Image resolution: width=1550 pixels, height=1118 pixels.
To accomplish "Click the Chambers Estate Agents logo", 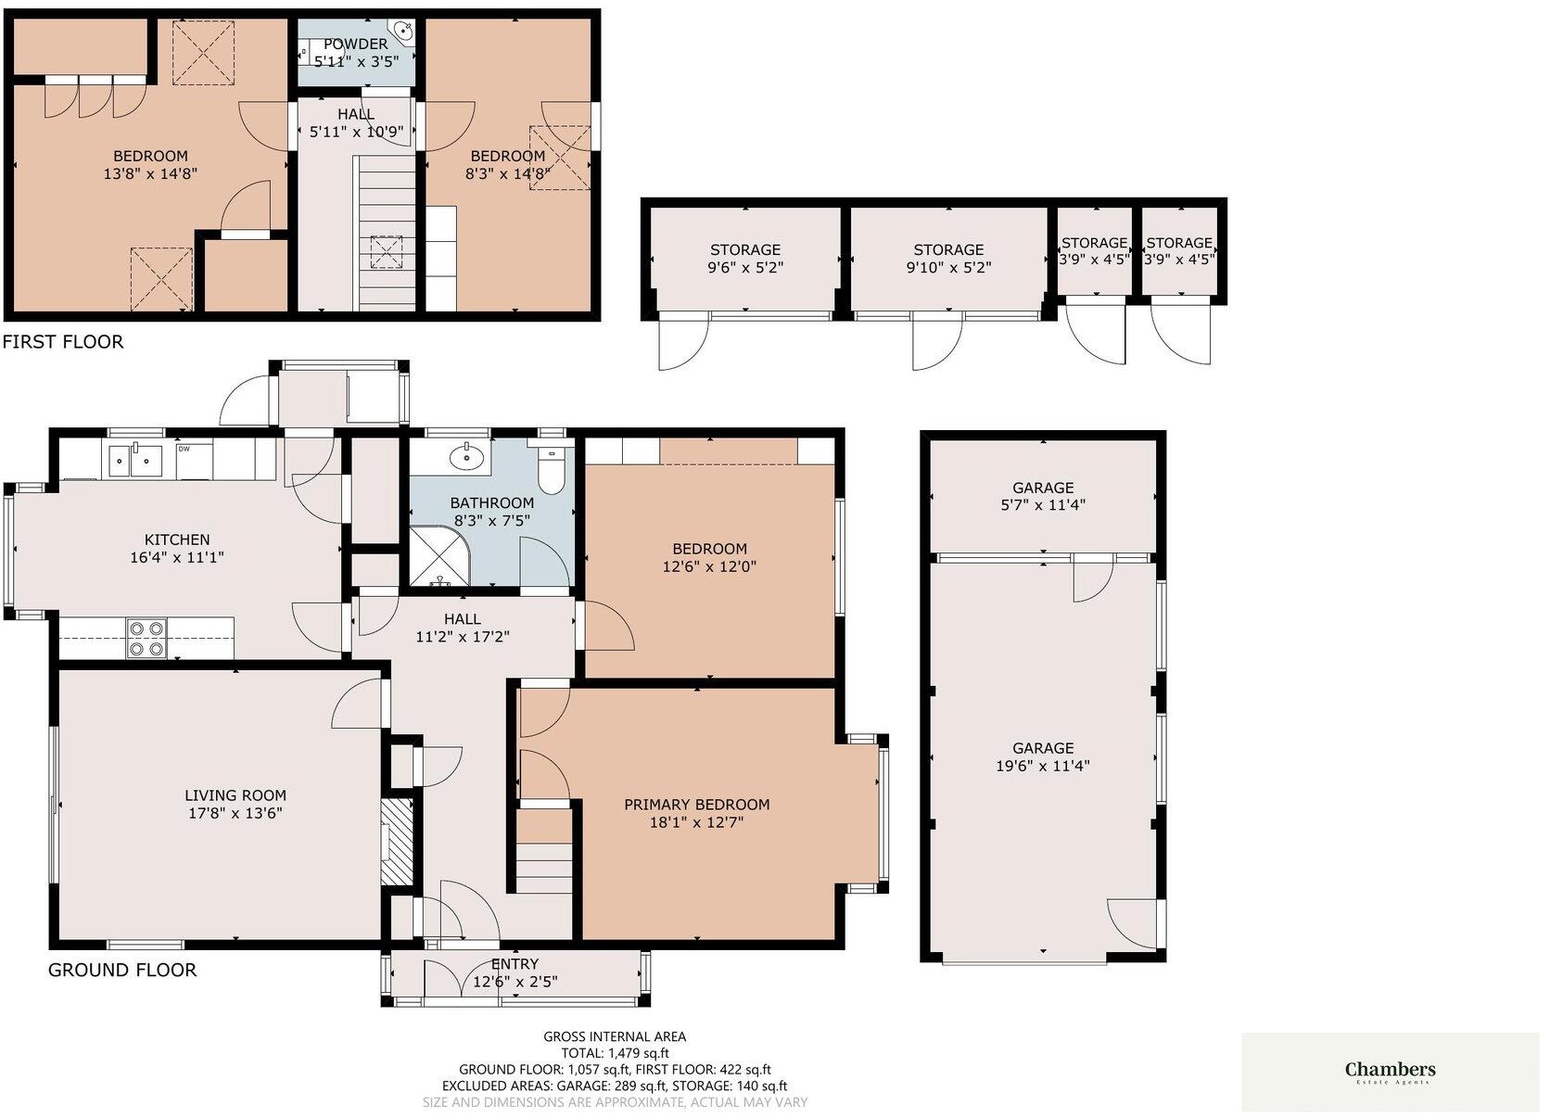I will tap(1390, 1073).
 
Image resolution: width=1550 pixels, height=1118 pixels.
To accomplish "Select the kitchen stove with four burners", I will tap(146, 638).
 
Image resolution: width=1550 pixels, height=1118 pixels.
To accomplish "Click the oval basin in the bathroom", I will tap(464, 456).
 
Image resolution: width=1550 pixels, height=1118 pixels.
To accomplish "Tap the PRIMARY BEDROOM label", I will tap(696, 805).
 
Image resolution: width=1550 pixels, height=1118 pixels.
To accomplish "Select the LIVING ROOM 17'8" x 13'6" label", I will tap(235, 804).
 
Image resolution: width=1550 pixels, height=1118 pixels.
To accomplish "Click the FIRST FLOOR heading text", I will tap(62, 342).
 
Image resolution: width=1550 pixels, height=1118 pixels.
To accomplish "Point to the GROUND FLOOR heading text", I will tap(122, 971).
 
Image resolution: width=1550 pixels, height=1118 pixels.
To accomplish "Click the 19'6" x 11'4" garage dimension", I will tap(1043, 766).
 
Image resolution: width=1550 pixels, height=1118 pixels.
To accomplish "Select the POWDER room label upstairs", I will tap(355, 44).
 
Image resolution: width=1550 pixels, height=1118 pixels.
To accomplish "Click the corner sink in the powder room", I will tap(404, 32).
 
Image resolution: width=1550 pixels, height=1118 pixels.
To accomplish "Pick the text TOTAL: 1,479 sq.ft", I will tap(615, 1053).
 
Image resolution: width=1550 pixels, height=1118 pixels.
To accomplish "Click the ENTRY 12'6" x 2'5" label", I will tap(515, 973).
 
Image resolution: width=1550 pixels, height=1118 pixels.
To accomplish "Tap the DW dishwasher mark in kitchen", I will tap(184, 450).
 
